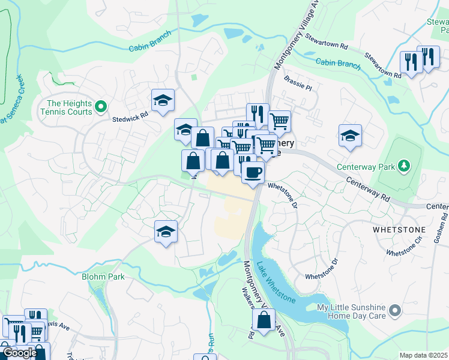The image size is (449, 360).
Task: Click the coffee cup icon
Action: tap(252, 172)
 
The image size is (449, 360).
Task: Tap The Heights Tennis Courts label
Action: tap(66, 107)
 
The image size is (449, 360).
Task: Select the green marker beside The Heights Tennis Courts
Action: tap(101, 107)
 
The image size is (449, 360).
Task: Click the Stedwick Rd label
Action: tap(130, 118)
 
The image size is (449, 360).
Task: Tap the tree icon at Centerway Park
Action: tap(404, 164)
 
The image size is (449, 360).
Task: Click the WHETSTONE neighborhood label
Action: tap(399, 230)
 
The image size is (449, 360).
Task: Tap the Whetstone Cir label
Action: tap(405, 249)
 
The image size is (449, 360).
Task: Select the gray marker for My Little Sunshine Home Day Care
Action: tap(394, 310)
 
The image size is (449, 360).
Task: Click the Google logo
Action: tap(20, 353)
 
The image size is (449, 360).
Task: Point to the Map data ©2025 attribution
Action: tap(423, 355)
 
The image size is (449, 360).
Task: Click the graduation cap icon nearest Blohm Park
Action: tap(166, 232)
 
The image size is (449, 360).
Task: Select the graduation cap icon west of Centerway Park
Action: tap(350, 136)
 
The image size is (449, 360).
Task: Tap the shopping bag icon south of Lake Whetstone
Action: tap(264, 320)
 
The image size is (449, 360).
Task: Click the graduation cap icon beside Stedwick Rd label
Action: tap(163, 101)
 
